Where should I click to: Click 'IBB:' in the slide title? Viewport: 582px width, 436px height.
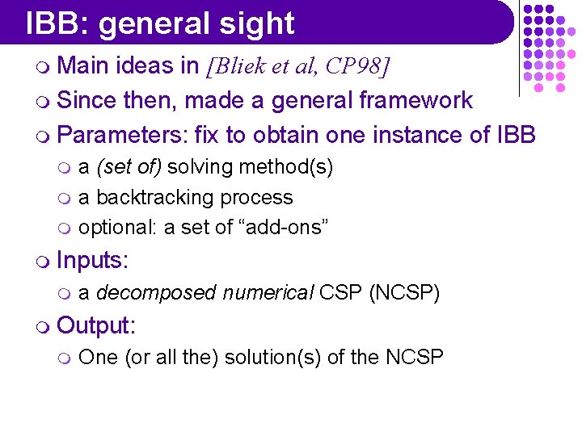pos(57,24)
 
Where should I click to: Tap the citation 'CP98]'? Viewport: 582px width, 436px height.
pos(357,66)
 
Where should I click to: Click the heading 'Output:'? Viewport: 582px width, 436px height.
pos(97,325)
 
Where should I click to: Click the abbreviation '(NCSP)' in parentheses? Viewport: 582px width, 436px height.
pos(404,292)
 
